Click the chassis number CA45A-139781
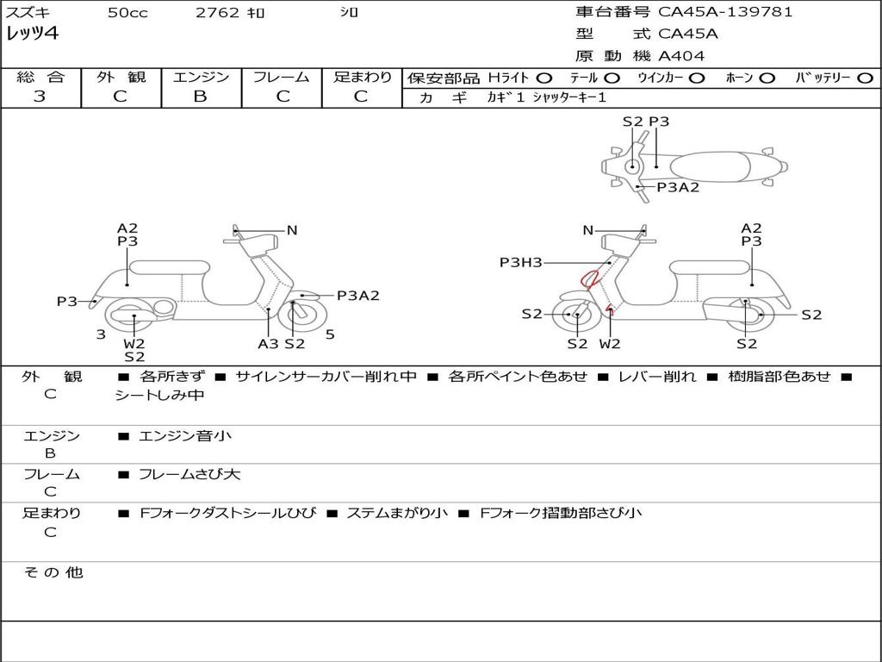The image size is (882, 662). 725,12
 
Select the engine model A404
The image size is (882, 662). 681,56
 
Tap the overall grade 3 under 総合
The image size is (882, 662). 39,96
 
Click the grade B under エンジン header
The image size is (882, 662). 200,96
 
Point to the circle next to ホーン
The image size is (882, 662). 767,78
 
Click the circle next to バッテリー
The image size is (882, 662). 866,78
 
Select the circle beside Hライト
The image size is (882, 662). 544,78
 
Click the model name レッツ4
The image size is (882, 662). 32,34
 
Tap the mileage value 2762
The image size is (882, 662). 217,12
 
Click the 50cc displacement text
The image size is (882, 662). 127,12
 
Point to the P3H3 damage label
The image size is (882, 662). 521,262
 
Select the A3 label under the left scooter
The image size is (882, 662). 268,343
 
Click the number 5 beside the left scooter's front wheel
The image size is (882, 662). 330,334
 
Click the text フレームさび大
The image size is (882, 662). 189,474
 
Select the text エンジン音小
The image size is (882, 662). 184,435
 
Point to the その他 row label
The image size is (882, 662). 53,572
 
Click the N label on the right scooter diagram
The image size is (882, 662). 587,230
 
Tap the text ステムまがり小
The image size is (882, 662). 397,513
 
